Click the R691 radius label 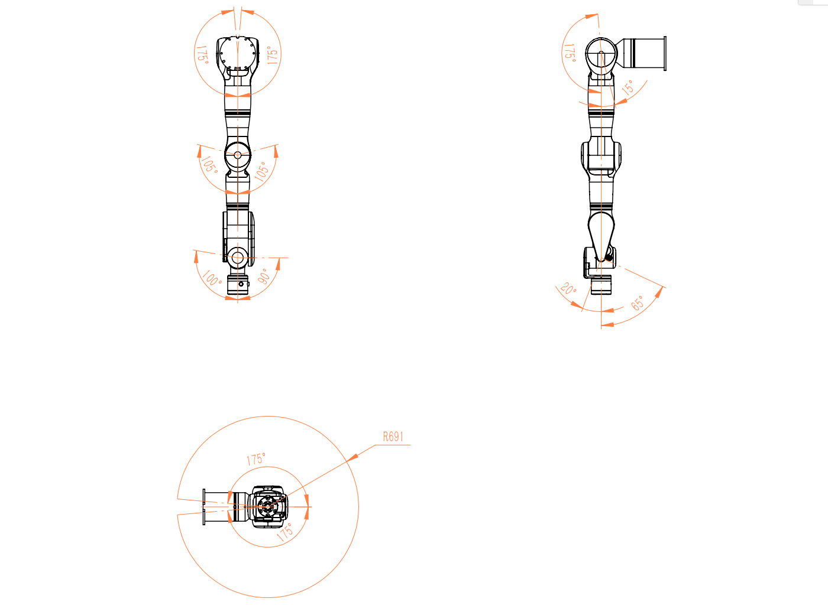click(393, 437)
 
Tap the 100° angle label click(212, 278)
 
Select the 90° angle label click(264, 277)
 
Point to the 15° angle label click(628, 87)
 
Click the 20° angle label click(568, 288)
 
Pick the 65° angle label click(638, 303)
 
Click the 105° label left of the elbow click(209, 164)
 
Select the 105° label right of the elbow click(262, 171)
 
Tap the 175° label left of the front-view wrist click(202, 55)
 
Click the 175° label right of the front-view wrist click(272, 56)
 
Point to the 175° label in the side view click(570, 53)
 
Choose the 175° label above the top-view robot click(255, 458)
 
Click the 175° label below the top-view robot click(284, 532)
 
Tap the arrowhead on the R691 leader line click(352, 457)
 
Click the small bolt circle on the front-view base click(241, 284)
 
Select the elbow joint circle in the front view click(238, 155)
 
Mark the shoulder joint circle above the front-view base click(237, 258)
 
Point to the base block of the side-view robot click(601, 285)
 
